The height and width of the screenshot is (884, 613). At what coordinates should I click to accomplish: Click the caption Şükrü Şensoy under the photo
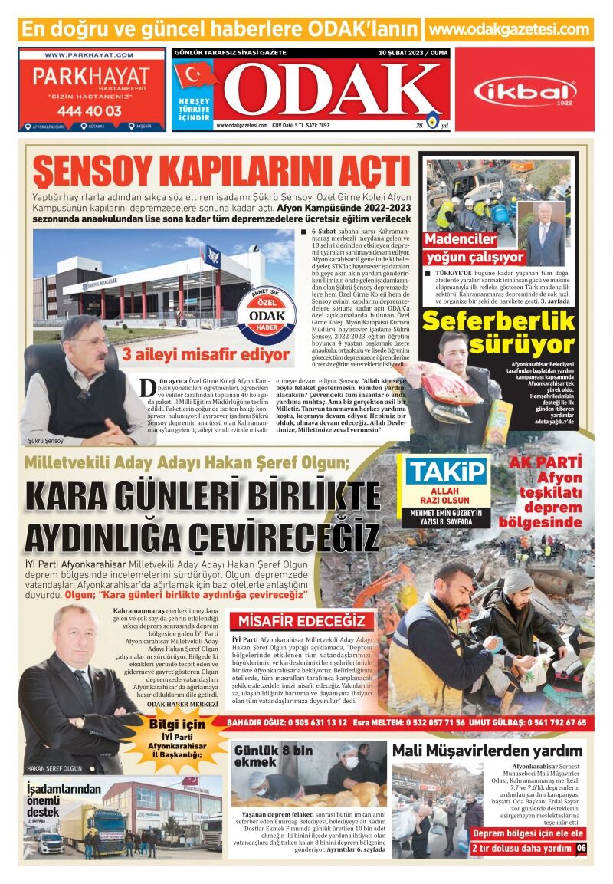click(45, 441)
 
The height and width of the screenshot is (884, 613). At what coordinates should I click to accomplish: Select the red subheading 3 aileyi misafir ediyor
click(206, 354)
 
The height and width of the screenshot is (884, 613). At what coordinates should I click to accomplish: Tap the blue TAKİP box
click(446, 472)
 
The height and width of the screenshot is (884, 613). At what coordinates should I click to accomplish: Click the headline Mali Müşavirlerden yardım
click(487, 751)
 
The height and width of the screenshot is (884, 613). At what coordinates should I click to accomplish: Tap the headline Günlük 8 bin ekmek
click(273, 756)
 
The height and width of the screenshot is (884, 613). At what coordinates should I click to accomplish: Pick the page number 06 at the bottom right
click(581, 848)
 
